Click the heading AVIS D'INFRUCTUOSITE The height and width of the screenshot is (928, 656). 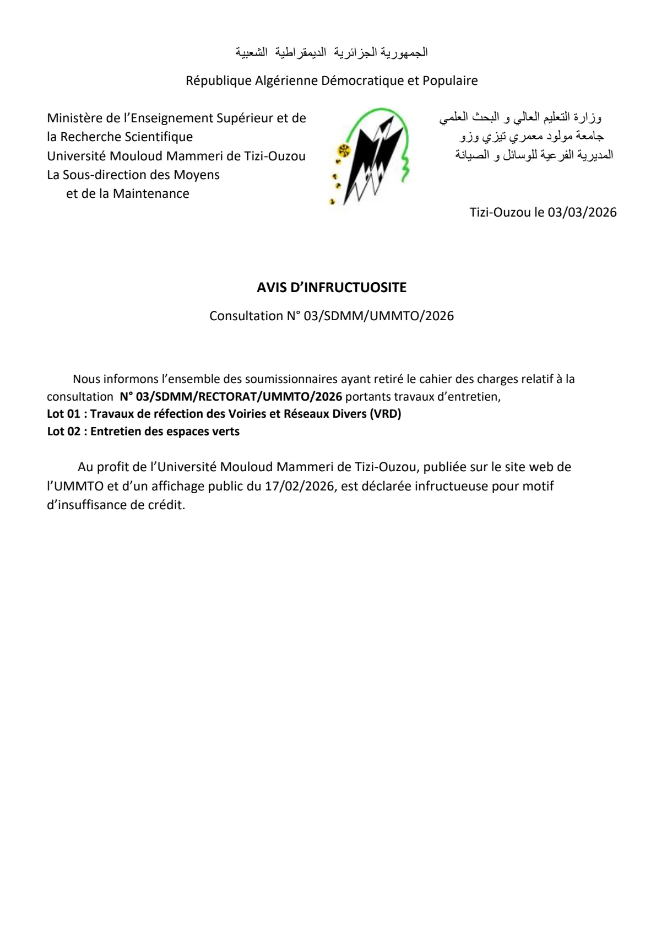click(x=332, y=287)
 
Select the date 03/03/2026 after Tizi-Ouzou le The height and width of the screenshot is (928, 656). click(x=582, y=212)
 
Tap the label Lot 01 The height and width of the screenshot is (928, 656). click(x=63, y=414)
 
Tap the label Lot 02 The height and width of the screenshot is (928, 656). click(x=63, y=431)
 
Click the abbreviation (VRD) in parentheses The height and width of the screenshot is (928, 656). click(x=386, y=414)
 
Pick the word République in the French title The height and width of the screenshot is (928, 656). click(x=218, y=81)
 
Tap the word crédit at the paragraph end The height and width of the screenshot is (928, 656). click(x=167, y=505)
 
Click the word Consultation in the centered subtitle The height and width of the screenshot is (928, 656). click(x=246, y=316)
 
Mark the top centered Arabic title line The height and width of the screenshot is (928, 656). click(x=332, y=52)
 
